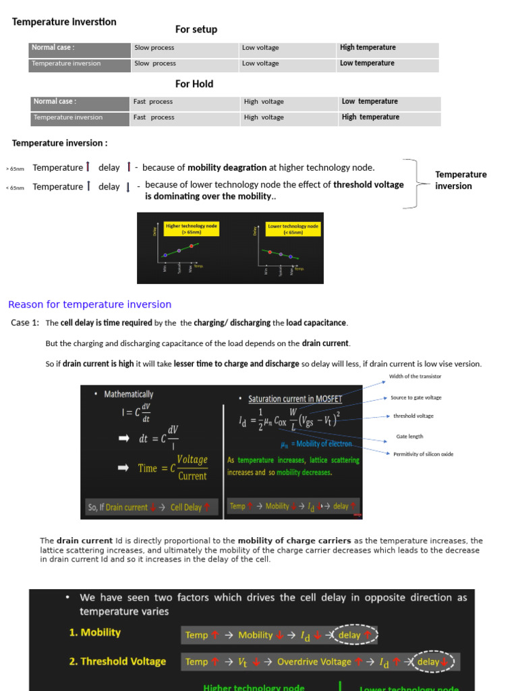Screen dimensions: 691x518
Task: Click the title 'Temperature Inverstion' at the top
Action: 64,22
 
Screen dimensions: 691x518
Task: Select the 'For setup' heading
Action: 196,29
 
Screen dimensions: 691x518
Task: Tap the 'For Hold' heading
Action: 194,84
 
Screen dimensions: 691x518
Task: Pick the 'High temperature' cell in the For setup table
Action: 368,47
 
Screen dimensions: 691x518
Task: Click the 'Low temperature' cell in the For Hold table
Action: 370,101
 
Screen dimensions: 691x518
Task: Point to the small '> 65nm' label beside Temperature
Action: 15,168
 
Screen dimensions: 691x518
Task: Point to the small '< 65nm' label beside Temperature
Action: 15,188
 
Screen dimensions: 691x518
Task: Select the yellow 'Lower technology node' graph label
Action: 293,229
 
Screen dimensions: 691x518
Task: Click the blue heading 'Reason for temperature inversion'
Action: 90,304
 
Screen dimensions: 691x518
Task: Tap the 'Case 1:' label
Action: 25,323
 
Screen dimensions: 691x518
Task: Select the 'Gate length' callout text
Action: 409,436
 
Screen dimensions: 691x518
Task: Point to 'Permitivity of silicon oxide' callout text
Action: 424,454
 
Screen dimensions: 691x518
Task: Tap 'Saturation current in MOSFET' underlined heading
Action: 295,399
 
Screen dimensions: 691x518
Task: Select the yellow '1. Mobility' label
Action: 94,632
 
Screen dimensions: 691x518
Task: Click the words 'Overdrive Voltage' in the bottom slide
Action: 314,662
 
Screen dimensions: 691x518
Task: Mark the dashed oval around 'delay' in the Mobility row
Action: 349,635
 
